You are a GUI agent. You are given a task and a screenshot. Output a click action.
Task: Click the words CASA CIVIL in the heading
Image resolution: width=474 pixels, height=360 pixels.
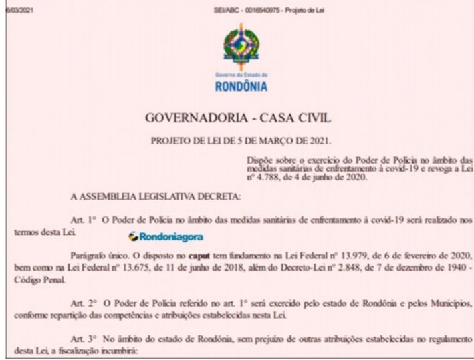coord(290,119)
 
